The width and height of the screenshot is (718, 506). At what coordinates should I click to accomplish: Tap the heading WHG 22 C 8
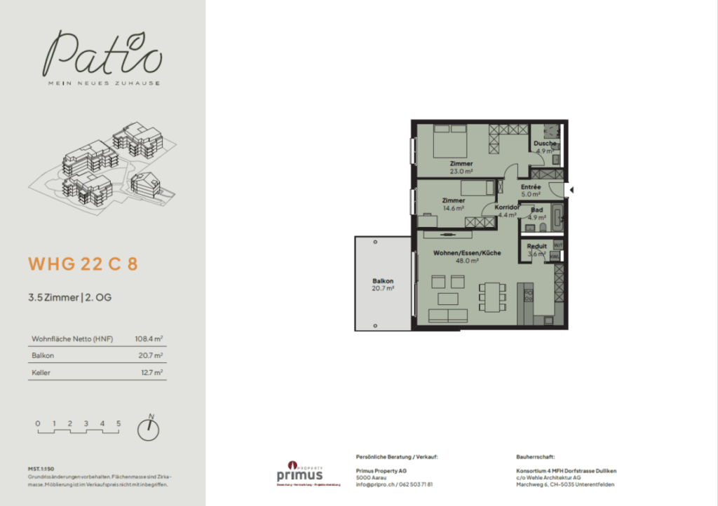click(x=83, y=264)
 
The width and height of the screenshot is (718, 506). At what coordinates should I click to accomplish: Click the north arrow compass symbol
click(x=148, y=429)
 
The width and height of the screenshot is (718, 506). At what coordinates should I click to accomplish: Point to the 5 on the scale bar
click(x=118, y=423)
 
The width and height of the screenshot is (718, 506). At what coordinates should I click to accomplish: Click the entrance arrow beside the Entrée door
click(x=571, y=190)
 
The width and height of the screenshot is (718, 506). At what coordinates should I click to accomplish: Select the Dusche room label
click(x=546, y=144)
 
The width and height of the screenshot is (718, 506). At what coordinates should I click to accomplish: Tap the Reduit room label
click(x=537, y=247)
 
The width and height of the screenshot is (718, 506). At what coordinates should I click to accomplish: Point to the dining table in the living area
click(x=491, y=296)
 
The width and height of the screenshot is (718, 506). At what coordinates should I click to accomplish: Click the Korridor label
click(x=506, y=208)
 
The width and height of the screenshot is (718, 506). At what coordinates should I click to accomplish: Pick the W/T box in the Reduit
click(x=558, y=245)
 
